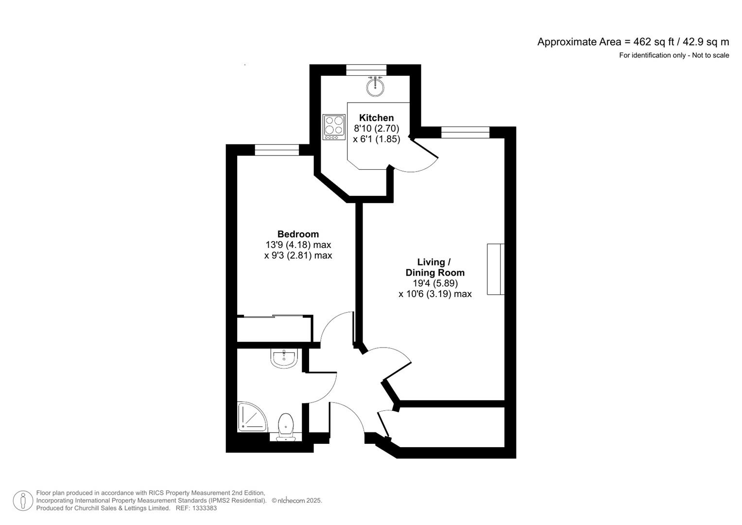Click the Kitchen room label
(376, 118)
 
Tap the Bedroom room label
(298, 234)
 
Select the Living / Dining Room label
(435, 267)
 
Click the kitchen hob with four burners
(333, 127)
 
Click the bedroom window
(276, 150)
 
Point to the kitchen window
(366, 70)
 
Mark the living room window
(465, 132)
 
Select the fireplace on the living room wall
(496, 269)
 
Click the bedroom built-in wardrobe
(274, 329)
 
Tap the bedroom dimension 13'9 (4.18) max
(298, 245)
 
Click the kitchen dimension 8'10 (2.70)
(376, 128)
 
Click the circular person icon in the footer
(22, 501)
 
